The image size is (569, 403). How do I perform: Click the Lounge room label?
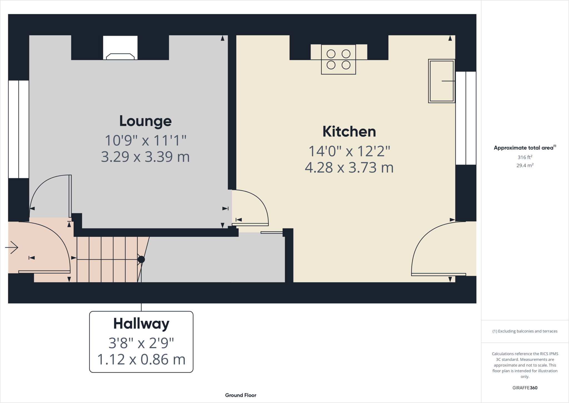tap(145, 121)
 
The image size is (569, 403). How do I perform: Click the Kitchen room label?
tap(349, 132)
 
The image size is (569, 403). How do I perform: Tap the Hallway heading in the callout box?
tap(141, 324)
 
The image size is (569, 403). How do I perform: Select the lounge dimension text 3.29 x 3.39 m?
tap(145, 157)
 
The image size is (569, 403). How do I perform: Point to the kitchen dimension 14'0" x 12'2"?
tap(349, 151)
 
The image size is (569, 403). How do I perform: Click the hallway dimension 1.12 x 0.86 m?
tap(141, 359)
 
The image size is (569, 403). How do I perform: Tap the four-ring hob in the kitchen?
tap(338, 59)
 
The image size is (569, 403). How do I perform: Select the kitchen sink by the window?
tap(441, 81)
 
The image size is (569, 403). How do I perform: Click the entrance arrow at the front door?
tap(12, 247)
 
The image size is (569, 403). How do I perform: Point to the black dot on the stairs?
tap(141, 259)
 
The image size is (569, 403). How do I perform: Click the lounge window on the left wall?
tap(19, 129)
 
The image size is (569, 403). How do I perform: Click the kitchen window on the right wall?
tap(466, 118)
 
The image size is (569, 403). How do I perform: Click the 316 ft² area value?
tap(525, 157)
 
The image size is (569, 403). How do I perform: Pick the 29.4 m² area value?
tap(525, 165)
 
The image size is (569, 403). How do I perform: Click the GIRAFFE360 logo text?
tap(525, 388)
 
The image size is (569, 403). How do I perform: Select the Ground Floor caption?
tap(241, 395)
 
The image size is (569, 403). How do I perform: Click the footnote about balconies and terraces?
tap(525, 331)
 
